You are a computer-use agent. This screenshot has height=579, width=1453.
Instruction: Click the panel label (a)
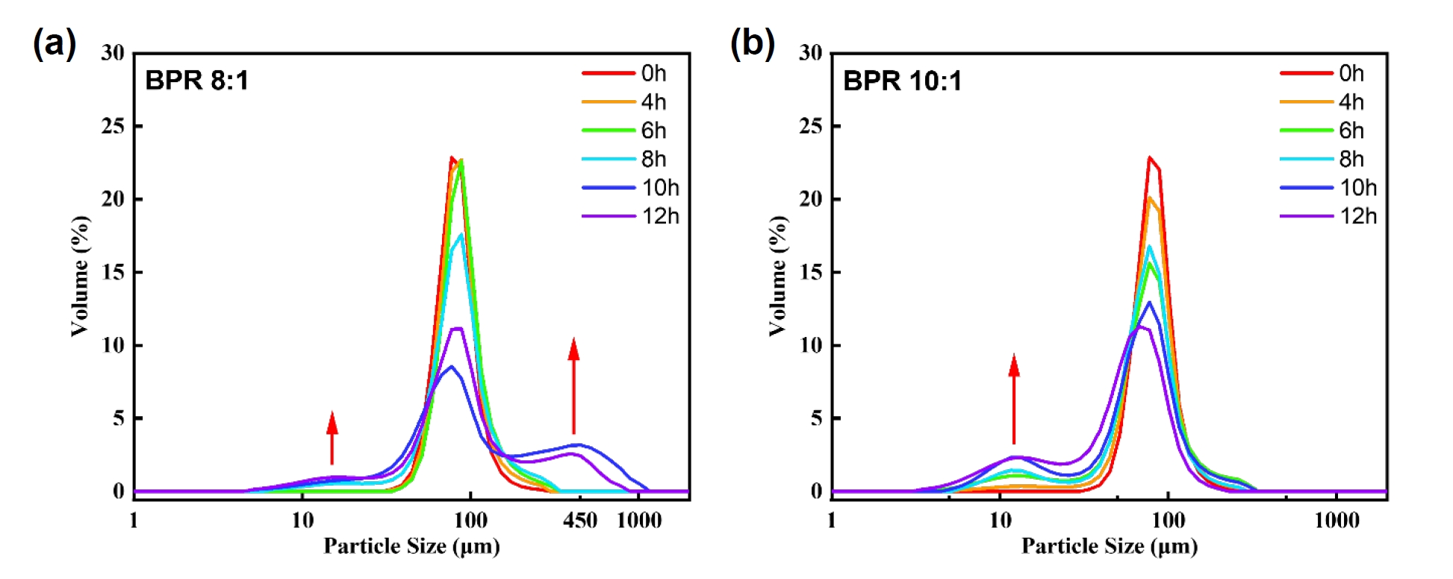pyautogui.click(x=54, y=43)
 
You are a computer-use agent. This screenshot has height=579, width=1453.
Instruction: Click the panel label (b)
pyautogui.click(x=752, y=43)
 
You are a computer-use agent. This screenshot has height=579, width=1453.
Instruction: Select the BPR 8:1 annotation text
pyautogui.click(x=196, y=80)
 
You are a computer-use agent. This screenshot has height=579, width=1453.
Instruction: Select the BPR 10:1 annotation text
pyautogui.click(x=902, y=80)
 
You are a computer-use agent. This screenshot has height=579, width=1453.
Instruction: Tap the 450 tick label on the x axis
pyautogui.click(x=580, y=521)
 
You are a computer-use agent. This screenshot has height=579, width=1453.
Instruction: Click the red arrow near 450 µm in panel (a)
pyautogui.click(x=573, y=386)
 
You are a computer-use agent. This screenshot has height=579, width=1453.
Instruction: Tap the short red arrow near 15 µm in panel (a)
pyautogui.click(x=332, y=438)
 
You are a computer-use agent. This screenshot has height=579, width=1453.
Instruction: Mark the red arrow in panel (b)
pyautogui.click(x=1014, y=399)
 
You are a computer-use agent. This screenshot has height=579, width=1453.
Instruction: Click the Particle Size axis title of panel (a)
pyautogui.click(x=411, y=547)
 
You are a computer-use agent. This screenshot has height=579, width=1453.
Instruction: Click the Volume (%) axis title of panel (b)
pyautogui.click(x=778, y=276)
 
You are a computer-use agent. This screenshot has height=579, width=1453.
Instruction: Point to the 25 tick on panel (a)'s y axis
pyautogui.click(x=113, y=126)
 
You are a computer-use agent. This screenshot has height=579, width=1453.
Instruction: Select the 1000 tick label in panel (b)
pyautogui.click(x=1337, y=521)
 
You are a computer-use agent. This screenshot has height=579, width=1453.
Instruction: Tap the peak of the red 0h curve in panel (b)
pyautogui.click(x=1150, y=158)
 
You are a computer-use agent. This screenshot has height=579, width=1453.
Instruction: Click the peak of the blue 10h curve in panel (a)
pyautogui.click(x=451, y=366)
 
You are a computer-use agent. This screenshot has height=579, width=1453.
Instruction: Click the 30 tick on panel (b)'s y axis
pyautogui.click(x=811, y=53)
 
